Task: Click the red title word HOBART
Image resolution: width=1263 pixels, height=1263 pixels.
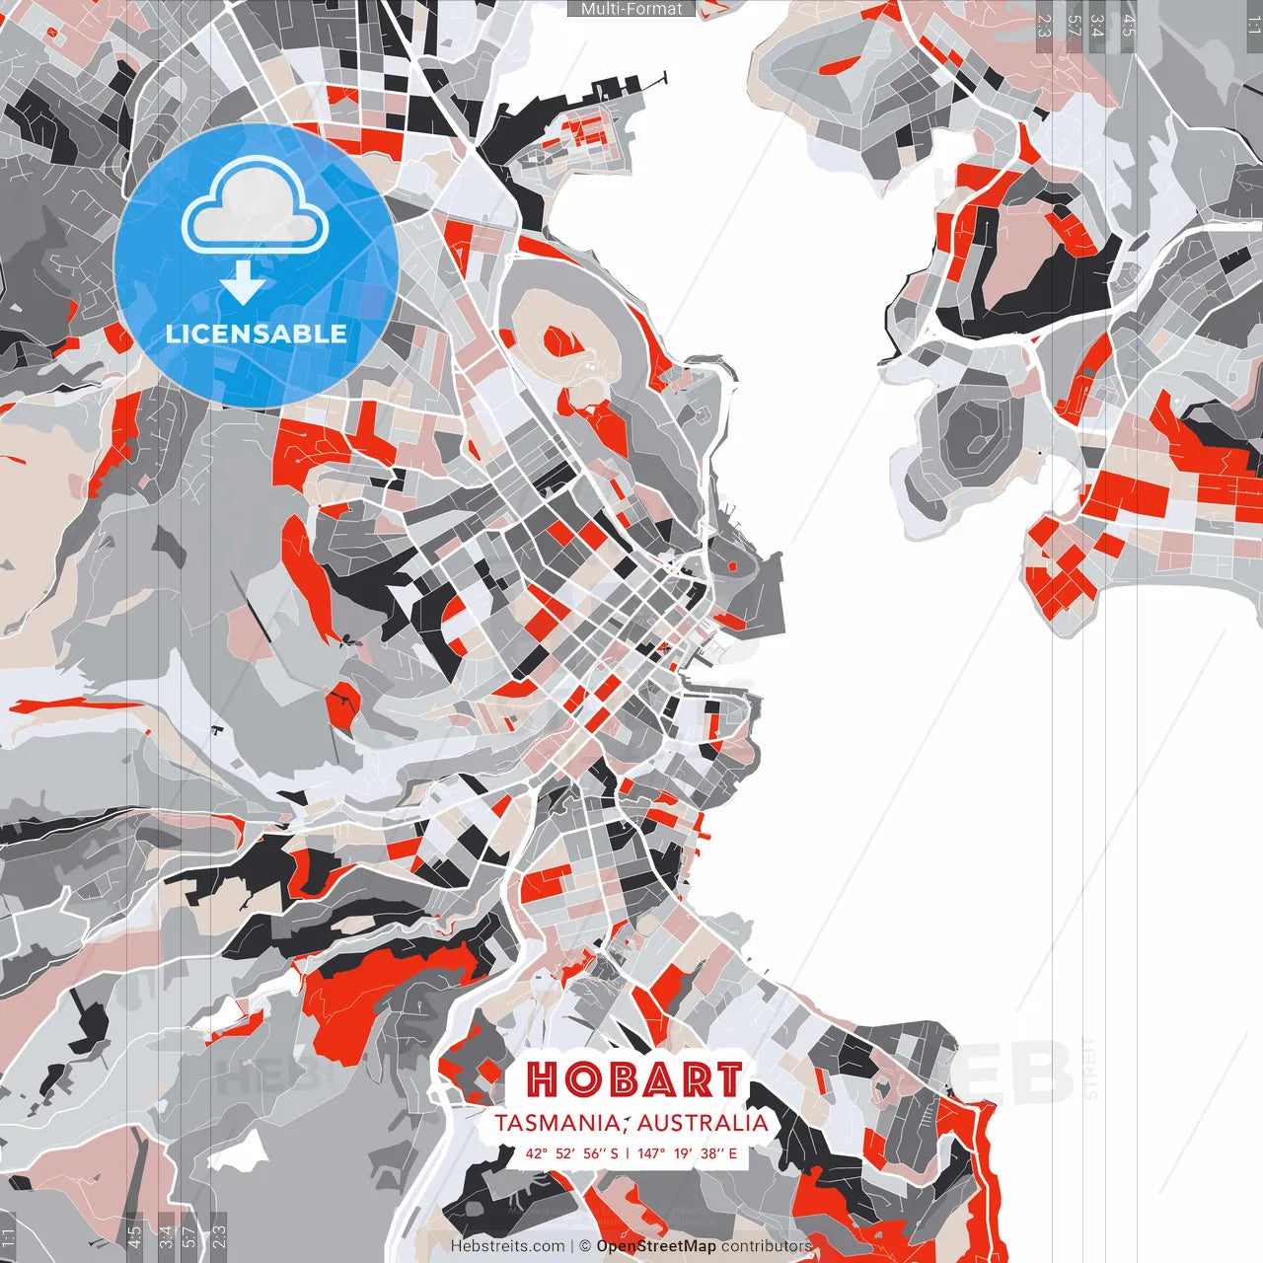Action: tap(633, 1079)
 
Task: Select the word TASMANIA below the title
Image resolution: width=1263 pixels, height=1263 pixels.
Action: tap(557, 1123)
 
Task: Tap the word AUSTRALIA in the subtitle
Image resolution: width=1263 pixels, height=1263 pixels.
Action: tap(702, 1123)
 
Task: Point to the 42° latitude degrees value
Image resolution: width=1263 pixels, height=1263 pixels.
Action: tap(536, 1152)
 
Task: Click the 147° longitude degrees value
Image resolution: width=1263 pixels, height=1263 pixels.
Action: tap(651, 1152)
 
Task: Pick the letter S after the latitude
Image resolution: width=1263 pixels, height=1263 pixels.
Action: tap(614, 1152)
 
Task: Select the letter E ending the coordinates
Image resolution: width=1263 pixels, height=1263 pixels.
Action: tap(732, 1152)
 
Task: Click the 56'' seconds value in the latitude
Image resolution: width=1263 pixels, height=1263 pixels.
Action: tap(593, 1152)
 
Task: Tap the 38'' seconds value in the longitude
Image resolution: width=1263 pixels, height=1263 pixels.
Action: tap(711, 1152)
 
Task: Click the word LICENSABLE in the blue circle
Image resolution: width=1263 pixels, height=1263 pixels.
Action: tap(257, 334)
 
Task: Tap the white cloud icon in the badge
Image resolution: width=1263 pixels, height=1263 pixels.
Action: tap(256, 210)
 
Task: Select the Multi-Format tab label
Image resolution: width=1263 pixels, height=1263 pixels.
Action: tap(631, 9)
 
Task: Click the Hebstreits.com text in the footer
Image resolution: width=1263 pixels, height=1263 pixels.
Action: tap(507, 1246)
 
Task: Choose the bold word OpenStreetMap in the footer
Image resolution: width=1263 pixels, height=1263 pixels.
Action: tap(656, 1246)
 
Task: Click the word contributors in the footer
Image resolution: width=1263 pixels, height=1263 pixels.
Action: tap(767, 1246)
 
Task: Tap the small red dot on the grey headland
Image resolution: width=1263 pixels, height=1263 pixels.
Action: tap(732, 566)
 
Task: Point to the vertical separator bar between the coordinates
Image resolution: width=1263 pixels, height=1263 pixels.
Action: tap(628, 1152)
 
